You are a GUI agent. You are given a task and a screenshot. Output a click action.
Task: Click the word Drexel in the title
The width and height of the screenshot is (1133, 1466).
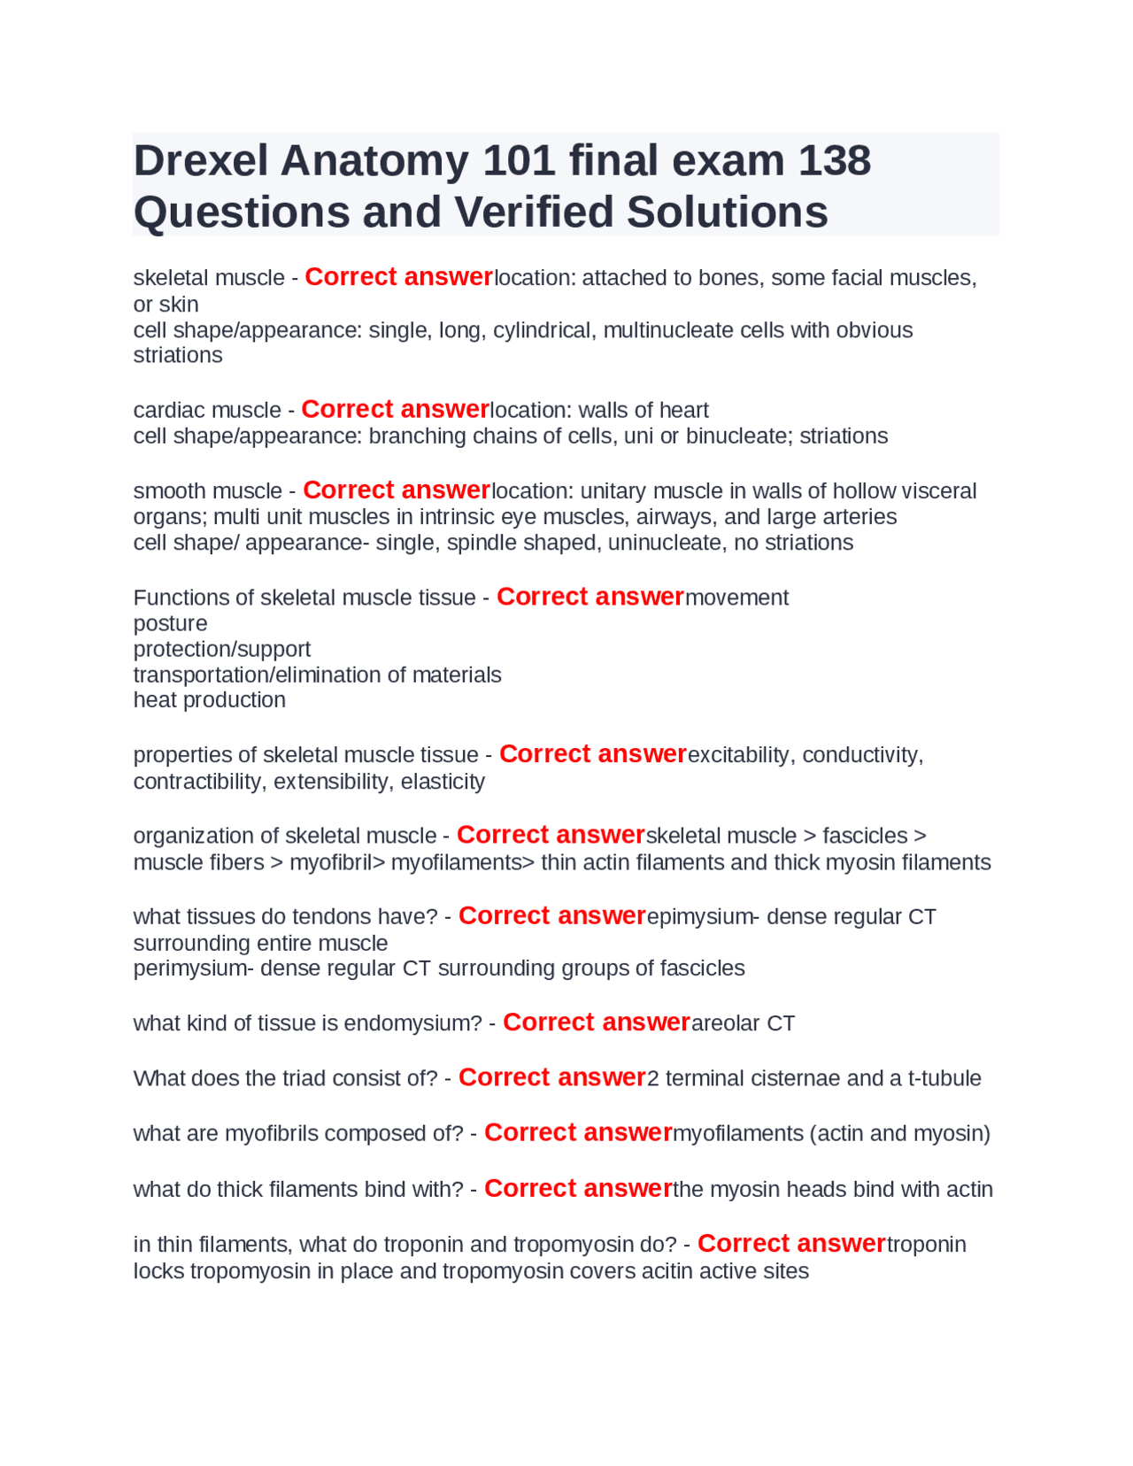201,161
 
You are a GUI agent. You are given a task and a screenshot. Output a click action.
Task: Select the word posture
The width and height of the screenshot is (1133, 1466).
170,623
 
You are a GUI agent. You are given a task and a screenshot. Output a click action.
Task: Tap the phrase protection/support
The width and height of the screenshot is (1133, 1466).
222,649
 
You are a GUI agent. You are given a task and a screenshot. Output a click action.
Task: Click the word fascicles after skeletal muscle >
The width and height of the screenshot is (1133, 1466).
865,836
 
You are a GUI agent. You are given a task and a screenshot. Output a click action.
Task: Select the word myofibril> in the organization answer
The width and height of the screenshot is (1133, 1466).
337,862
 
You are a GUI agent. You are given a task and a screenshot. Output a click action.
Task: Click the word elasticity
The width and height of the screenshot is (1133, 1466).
443,782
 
